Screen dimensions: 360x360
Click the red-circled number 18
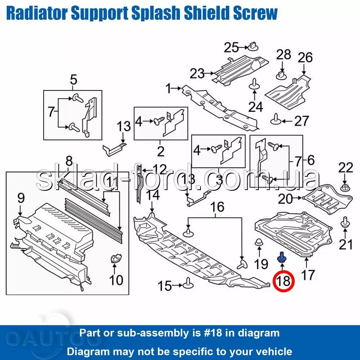[x=283, y=281]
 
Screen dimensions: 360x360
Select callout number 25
[x=231, y=48]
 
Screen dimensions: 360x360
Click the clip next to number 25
[x=253, y=46]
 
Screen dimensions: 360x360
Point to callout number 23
[x=197, y=73]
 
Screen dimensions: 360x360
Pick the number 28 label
[x=284, y=55]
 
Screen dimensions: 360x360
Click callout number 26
[x=305, y=57]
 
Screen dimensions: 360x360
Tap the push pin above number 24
[x=255, y=84]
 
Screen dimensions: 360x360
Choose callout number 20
[x=285, y=199]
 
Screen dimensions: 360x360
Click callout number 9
[x=21, y=198]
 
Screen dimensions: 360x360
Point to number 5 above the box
[x=73, y=80]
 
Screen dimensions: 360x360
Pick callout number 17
[x=308, y=275]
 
